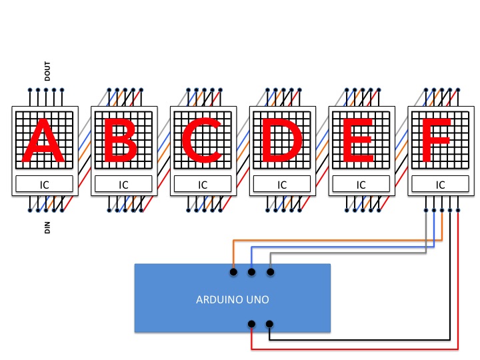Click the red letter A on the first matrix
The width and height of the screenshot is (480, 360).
point(44,141)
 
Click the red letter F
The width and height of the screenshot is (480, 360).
point(438,141)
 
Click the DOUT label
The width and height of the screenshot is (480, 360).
point(47,71)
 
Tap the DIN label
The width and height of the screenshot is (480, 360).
point(47,228)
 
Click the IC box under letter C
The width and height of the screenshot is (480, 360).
point(203,185)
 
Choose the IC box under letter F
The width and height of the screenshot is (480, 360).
point(440,185)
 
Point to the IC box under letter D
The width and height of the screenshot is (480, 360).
point(282,185)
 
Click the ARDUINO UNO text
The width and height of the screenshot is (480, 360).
point(232,300)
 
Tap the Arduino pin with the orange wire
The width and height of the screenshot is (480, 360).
point(233,272)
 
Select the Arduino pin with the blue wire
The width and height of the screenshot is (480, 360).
point(251,272)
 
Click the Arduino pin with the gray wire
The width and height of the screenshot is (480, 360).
point(270,272)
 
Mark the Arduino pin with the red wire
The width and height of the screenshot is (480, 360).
point(251,325)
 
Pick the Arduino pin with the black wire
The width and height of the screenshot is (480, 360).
point(269,325)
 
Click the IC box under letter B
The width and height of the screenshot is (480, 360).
point(124,185)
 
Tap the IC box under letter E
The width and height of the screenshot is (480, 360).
point(361,185)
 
